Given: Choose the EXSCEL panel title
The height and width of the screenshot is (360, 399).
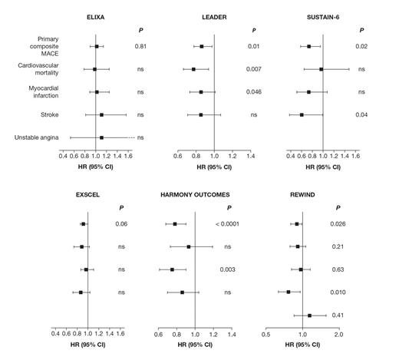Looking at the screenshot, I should [88, 195].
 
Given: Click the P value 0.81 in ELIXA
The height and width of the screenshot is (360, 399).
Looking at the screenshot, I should [140, 47].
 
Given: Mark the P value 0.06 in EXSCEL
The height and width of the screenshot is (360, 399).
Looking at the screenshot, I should [122, 224].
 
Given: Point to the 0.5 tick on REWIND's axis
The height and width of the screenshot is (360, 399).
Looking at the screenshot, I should [266, 334].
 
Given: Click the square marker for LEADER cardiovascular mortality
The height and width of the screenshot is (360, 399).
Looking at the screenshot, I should [194, 69].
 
